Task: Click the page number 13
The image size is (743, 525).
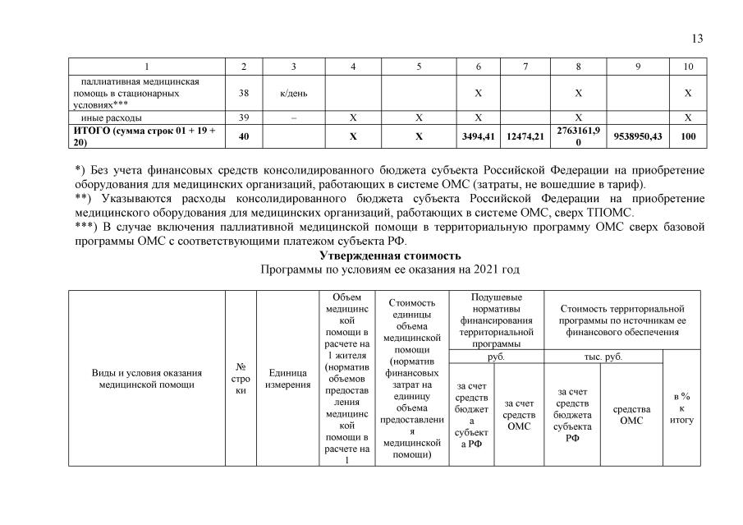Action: pyautogui.click(x=698, y=39)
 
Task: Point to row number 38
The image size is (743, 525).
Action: pyautogui.click(x=243, y=93)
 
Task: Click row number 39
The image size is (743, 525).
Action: pyautogui.click(x=243, y=117)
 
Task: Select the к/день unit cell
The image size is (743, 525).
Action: pyautogui.click(x=293, y=93)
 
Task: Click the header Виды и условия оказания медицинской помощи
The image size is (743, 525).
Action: pyautogui.click(x=147, y=378)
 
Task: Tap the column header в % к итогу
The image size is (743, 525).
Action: pyautogui.click(x=681, y=408)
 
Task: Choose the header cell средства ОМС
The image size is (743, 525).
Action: pyautogui.click(x=631, y=414)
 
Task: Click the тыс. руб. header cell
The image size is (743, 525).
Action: pyautogui.click(x=602, y=357)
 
